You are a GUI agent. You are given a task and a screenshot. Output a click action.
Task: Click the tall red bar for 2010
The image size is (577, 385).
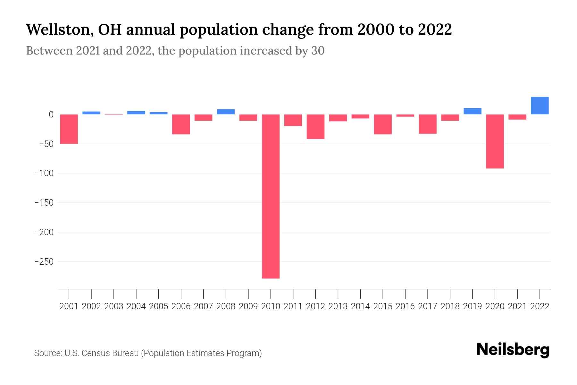271,196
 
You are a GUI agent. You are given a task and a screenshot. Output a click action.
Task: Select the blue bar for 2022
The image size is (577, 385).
539,106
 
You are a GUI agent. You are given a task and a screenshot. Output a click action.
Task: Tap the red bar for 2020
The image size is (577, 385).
495,141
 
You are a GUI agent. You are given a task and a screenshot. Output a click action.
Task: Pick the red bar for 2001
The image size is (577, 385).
69,129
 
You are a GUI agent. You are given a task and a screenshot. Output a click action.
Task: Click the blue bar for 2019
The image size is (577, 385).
472,111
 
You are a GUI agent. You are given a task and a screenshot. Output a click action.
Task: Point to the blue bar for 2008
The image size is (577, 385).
226,112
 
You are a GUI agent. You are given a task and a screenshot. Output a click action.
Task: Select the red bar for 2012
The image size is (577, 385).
315,126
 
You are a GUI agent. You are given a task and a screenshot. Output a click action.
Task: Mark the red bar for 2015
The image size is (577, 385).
383,124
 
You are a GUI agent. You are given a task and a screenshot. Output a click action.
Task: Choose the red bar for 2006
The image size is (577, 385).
181,124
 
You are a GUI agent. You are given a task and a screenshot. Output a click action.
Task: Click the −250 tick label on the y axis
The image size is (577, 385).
44,262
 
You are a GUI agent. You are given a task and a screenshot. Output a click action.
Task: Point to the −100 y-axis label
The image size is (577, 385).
44,173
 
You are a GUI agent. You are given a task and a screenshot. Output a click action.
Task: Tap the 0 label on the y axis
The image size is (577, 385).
51,115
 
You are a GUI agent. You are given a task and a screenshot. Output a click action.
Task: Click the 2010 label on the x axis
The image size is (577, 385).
271,306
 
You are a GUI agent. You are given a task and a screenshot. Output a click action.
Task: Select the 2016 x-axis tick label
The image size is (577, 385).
405,306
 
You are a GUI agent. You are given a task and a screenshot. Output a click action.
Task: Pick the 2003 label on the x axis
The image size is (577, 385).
114,306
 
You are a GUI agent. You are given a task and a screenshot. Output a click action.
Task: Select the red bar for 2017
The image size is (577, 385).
427,124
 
